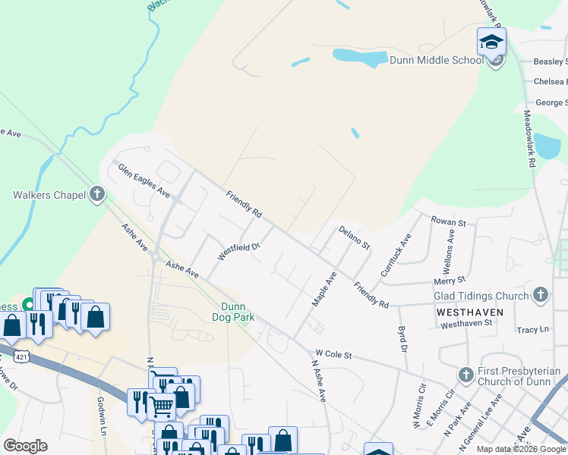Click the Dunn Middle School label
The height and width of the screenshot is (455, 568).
tap(436, 61)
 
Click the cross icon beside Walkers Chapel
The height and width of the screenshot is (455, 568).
tap(96, 195)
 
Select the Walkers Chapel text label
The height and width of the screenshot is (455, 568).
tap(49, 195)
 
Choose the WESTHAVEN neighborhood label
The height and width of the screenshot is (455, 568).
tap(464, 312)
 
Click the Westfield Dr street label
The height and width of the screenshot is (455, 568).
tap(239, 251)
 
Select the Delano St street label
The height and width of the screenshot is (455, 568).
tap(354, 237)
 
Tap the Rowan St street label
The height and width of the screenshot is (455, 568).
tap(448, 221)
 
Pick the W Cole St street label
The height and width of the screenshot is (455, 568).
tap(334, 353)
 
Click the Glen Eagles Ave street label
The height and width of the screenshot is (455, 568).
tap(143, 180)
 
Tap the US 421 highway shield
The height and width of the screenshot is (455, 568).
tap(27, 355)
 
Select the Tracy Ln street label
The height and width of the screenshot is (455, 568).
tap(532, 330)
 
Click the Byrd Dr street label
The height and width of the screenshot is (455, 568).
tap(402, 339)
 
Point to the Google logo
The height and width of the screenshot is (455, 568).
tap(25, 446)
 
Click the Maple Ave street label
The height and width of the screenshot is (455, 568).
tap(324, 290)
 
